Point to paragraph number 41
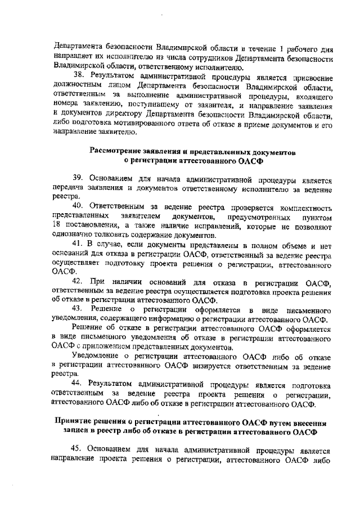(x=79, y=245)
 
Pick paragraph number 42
(x=79, y=281)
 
